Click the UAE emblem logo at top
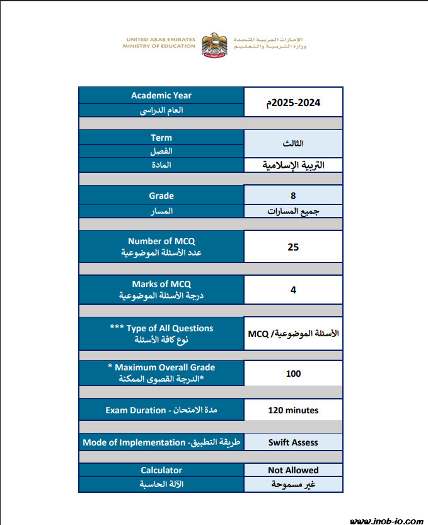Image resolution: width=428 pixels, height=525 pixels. coord(214,43)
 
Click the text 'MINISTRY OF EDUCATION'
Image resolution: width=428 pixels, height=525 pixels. coord(159,46)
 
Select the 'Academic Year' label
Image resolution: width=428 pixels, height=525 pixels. coord(161,95)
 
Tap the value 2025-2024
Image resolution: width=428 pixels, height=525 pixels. coord(293,102)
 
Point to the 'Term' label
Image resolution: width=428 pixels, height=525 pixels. coord(161,138)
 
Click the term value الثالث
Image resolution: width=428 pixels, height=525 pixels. coord(293,143)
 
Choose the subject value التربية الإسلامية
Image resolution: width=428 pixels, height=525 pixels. coord(293,165)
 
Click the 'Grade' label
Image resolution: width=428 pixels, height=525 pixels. coord(161,196)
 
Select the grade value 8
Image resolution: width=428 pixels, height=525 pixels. coord(293,196)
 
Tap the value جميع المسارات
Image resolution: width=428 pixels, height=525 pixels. coord(293,212)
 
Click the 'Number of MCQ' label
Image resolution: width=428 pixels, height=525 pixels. coord(161,241)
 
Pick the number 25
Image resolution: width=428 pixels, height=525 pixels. coord(293,247)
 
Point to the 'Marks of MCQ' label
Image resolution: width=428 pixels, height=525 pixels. coord(161,284)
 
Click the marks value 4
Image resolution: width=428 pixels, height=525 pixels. coord(293,290)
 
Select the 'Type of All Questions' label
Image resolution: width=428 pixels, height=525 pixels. coord(161,328)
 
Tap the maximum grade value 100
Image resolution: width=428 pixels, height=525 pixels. coord(293,374)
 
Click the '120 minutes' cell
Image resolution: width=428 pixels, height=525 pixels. coord(293,410)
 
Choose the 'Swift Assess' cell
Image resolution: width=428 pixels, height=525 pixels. coord(293,442)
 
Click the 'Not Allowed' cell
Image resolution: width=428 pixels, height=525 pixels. coord(293,470)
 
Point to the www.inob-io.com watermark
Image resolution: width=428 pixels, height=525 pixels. coord(386,521)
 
